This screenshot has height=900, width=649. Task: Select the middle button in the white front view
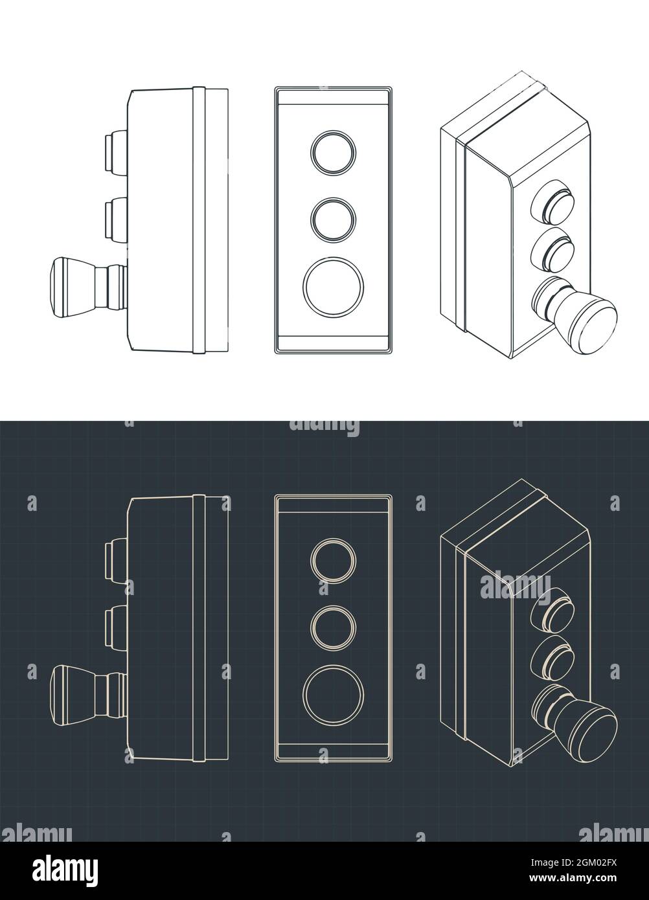(333, 219)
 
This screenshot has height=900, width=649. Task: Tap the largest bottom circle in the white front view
(333, 286)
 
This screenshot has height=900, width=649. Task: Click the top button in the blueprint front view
(333, 561)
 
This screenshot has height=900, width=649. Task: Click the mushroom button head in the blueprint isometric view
(593, 730)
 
